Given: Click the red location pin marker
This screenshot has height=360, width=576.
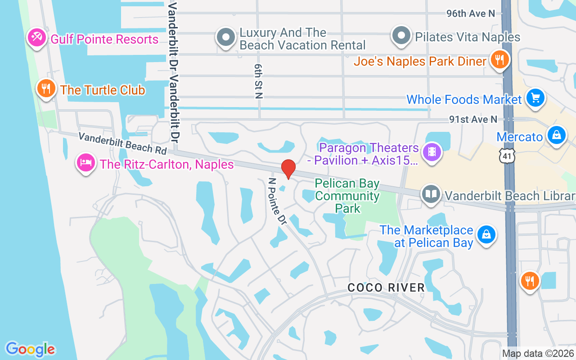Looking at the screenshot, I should [x=288, y=169].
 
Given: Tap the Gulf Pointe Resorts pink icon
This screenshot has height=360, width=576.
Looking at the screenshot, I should [x=36, y=38].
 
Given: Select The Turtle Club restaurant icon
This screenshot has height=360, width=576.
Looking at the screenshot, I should [x=46, y=88].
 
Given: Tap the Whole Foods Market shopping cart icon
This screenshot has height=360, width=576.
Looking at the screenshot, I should [x=535, y=97].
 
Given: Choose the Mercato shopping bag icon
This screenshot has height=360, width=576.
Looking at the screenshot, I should [x=556, y=135].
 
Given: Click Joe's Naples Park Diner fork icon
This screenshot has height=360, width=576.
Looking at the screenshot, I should [x=499, y=59].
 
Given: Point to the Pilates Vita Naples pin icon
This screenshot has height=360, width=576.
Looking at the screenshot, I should [x=401, y=35].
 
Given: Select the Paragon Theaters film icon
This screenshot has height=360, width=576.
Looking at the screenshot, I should [x=432, y=152].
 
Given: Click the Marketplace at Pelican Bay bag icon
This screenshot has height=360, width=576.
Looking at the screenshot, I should [x=486, y=234].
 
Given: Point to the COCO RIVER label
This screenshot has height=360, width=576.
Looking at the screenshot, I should [x=386, y=288].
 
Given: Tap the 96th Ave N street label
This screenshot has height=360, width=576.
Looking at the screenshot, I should [x=471, y=13].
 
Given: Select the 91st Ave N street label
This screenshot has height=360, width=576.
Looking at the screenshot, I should [x=473, y=119].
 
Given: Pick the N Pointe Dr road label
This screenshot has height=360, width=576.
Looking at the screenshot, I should [x=277, y=201].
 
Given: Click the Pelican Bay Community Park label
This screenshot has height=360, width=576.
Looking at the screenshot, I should [x=347, y=196].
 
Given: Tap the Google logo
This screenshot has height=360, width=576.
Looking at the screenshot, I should [x=30, y=349].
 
